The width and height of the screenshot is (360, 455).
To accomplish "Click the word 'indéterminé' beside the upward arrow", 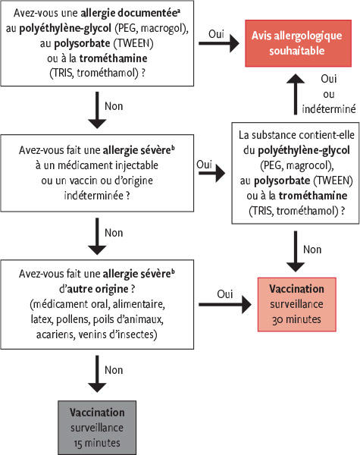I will click(x=329, y=108).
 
